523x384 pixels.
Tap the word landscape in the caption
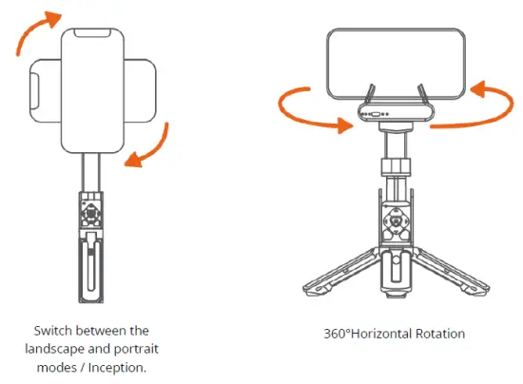click(x=59, y=347)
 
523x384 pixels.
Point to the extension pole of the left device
click(x=93, y=170)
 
